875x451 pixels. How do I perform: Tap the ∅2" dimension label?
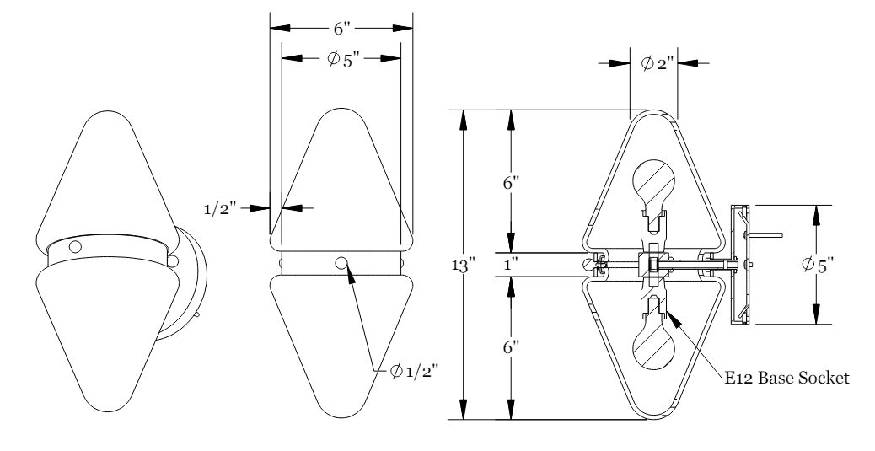(x=653, y=62)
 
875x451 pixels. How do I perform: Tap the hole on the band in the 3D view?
(x=76, y=247)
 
